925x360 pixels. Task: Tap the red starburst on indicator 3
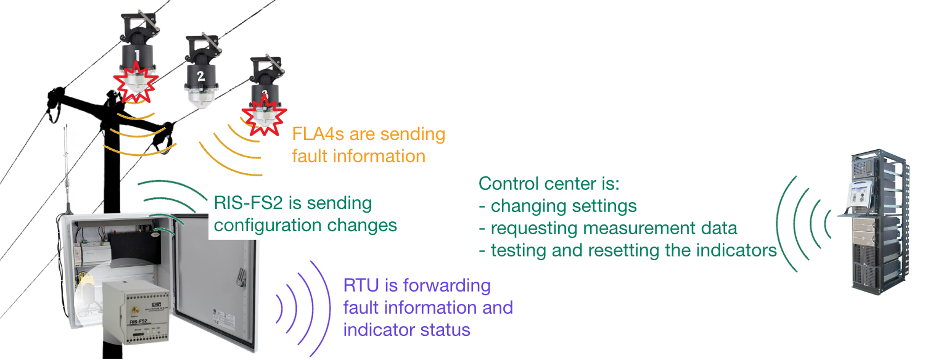coord(264,115)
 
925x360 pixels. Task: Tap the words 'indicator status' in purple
coord(406,329)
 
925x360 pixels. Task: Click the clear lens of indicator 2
coord(201,98)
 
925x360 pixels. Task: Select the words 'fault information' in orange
coord(358,156)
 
